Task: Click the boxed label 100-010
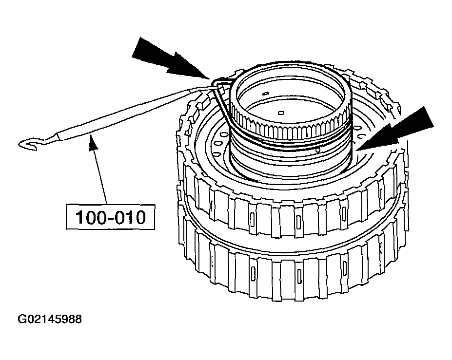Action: [111, 217]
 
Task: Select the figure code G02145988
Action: [50, 320]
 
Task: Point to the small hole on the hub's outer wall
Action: [317, 151]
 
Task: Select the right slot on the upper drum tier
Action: [344, 211]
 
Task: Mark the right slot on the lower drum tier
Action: [345, 267]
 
